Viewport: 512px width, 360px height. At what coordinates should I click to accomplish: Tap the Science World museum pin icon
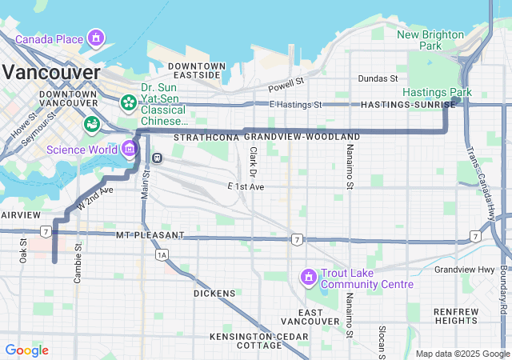(x=129, y=149)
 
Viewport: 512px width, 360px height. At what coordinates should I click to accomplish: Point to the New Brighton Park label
(x=430, y=40)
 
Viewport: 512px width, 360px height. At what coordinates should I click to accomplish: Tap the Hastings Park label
(x=437, y=93)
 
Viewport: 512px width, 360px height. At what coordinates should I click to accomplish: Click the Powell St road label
(x=286, y=83)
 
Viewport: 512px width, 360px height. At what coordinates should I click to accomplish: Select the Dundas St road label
(x=378, y=78)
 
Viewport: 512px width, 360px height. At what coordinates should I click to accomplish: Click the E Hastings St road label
(x=295, y=105)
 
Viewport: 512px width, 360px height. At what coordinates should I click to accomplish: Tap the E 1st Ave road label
(x=246, y=186)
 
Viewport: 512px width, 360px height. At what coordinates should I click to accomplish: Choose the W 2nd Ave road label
(x=94, y=198)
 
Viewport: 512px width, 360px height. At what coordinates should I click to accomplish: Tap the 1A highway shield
(x=162, y=254)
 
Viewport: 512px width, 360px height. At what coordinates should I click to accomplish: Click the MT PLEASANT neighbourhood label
(x=150, y=235)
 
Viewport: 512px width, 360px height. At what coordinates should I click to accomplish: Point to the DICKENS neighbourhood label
(x=214, y=294)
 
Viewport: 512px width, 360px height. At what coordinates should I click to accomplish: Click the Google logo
(x=26, y=350)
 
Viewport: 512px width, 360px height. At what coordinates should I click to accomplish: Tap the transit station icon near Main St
(x=157, y=157)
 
